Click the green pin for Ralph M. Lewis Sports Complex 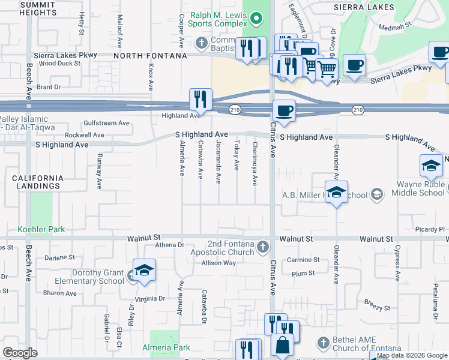[x=257, y=18]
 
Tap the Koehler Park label [x=41, y=229]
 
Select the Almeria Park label [x=166, y=347]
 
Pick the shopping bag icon [x=282, y=345]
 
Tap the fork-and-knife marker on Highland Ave [x=200, y=99]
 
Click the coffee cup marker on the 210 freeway [x=284, y=110]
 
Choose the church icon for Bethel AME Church [x=324, y=343]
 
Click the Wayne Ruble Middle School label [x=418, y=188]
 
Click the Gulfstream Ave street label [x=107, y=123]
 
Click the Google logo [x=20, y=353]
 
